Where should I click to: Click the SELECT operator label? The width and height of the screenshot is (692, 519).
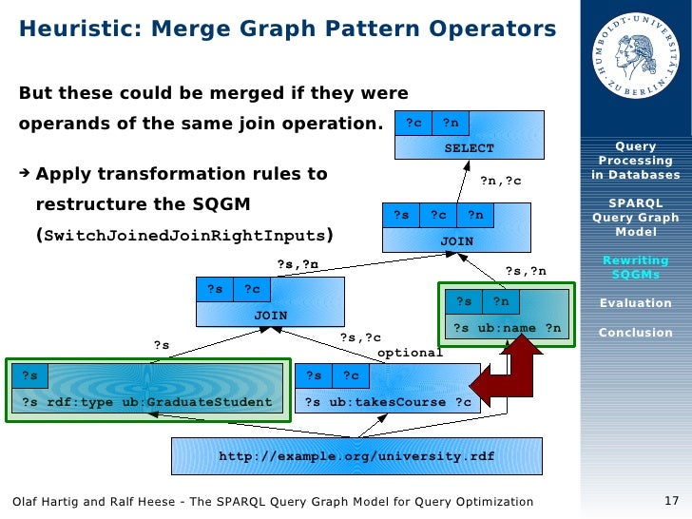pyautogui.click(x=470, y=148)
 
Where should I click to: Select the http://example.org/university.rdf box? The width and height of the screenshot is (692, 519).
pyautogui.click(x=356, y=456)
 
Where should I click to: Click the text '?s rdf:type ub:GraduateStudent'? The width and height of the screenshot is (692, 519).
pyautogui.click(x=146, y=402)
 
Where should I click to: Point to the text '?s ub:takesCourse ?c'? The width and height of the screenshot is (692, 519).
pyautogui.click(x=388, y=402)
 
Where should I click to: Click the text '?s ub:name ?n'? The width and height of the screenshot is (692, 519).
pyautogui.click(x=507, y=328)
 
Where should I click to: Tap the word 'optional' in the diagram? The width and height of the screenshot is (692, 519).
pyautogui.click(x=411, y=353)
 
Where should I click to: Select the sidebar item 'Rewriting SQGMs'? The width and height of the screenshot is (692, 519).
pyautogui.click(x=636, y=269)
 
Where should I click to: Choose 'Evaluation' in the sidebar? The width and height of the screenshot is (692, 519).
pyautogui.click(x=636, y=303)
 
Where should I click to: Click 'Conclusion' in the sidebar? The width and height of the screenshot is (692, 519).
pyautogui.click(x=636, y=333)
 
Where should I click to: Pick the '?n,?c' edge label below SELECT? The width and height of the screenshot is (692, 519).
pyautogui.click(x=500, y=181)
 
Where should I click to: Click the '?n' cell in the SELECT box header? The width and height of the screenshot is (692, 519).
pyautogui.click(x=451, y=123)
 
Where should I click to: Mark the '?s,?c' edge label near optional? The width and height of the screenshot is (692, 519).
pyautogui.click(x=360, y=337)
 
